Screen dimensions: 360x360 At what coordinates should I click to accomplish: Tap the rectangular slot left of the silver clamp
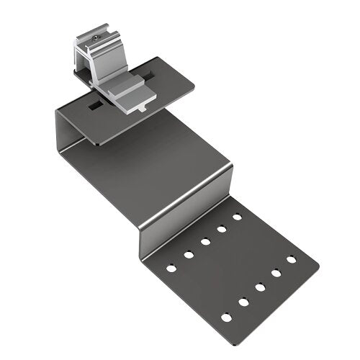coord(94,106)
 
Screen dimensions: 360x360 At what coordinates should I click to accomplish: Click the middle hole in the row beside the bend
coord(205,242)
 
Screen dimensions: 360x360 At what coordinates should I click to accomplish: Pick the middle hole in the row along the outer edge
coord(259,287)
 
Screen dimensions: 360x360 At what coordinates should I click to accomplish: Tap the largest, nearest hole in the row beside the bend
coord(171,268)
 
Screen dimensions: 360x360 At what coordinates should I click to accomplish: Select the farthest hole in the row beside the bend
coord(237,216)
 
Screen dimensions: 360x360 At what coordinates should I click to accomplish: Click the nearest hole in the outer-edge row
coord(226,316)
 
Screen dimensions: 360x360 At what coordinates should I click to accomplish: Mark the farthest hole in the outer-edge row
coord(291,259)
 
